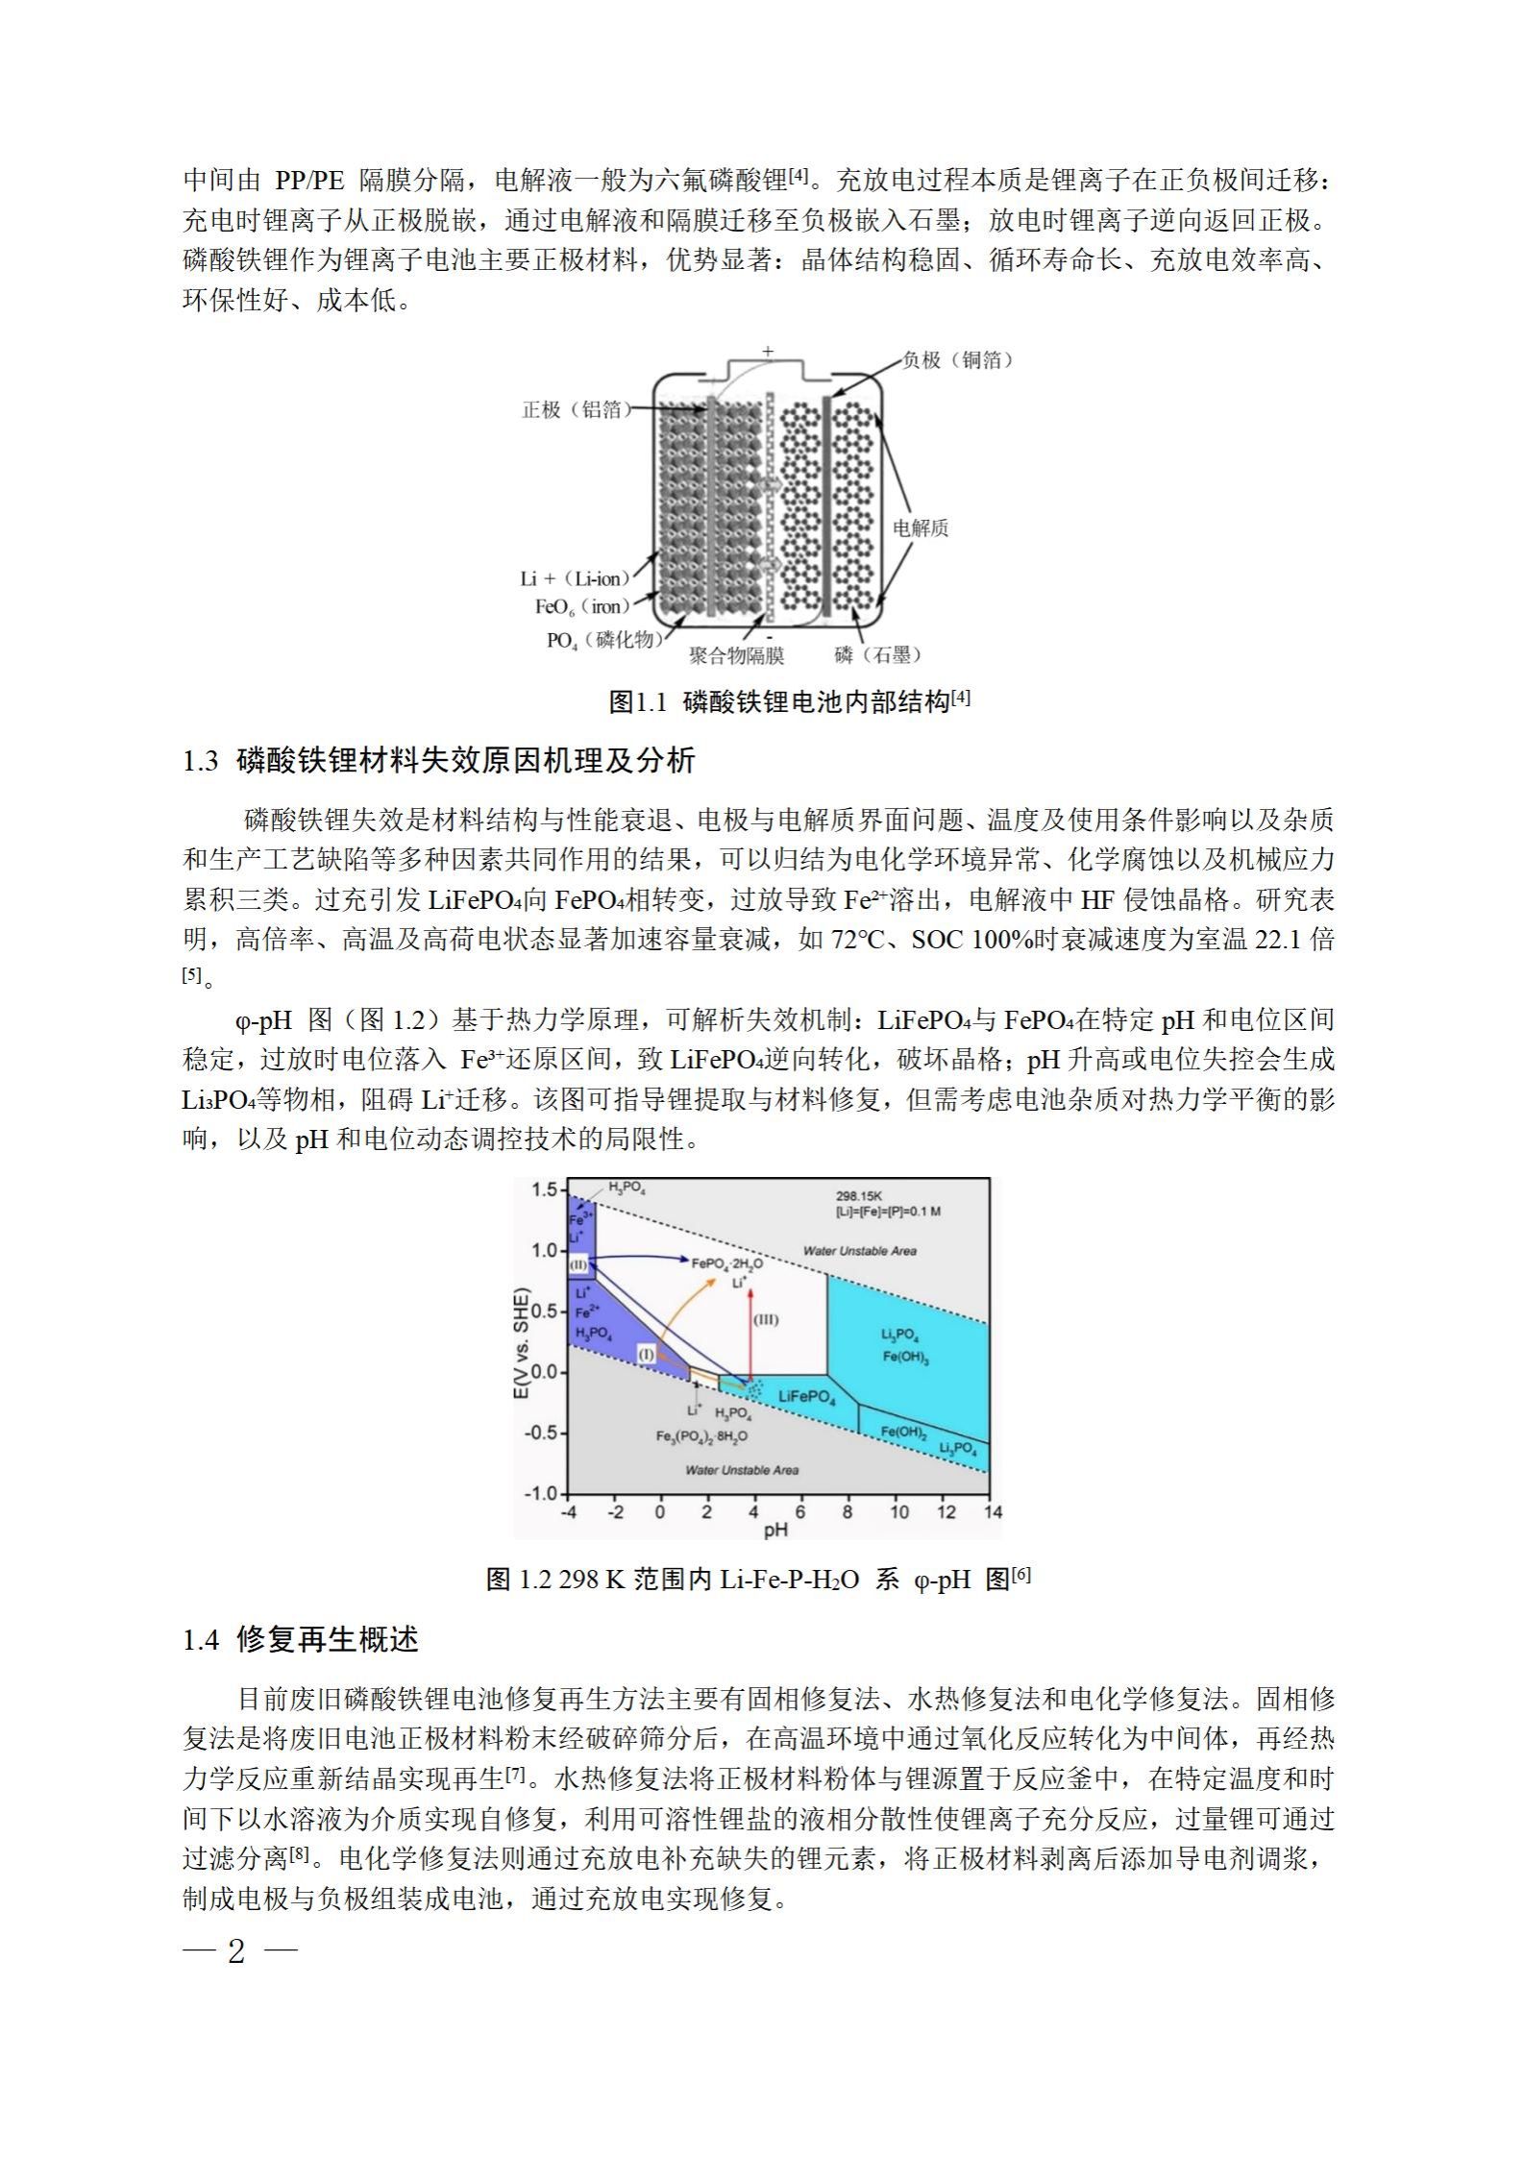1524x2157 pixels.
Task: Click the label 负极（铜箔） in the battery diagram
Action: (x=957, y=360)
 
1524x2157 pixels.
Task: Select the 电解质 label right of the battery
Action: (x=921, y=527)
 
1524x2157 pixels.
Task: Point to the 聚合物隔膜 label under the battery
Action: (x=737, y=655)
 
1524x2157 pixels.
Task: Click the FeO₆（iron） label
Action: (x=582, y=606)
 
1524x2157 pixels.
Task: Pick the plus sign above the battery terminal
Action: (x=768, y=352)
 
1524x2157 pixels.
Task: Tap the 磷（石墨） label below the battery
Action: (x=878, y=655)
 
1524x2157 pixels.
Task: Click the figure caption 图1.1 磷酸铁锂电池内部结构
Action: (x=789, y=701)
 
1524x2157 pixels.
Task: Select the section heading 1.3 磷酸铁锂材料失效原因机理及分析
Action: (x=439, y=761)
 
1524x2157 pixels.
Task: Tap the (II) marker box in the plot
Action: (x=578, y=1265)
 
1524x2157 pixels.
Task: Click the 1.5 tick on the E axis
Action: (x=544, y=1190)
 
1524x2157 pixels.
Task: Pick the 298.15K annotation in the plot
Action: (x=858, y=1196)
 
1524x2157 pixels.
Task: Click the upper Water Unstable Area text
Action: (x=859, y=1250)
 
